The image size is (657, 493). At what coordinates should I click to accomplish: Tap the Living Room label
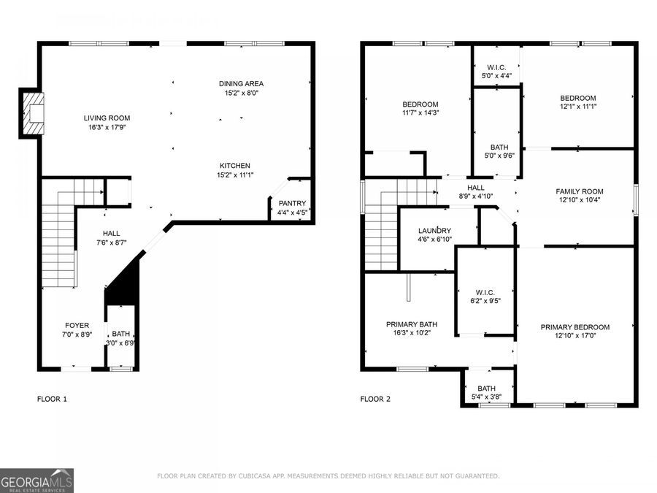(x=107, y=118)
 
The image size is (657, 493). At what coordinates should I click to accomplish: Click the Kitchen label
(x=234, y=166)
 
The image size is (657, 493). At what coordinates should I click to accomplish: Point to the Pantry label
(x=292, y=203)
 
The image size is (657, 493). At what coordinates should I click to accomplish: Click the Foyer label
(x=77, y=326)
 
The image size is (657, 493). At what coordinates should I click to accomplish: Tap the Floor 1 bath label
(x=120, y=333)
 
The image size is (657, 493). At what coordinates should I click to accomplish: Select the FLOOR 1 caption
(x=52, y=400)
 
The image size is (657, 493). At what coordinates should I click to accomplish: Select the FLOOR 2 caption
(x=375, y=400)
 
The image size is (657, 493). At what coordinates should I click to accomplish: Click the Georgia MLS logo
(x=36, y=481)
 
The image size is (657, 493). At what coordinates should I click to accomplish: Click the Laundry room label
(x=434, y=231)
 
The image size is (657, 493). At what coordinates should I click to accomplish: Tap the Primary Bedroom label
(x=575, y=327)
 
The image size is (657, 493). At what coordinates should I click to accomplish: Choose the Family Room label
(x=580, y=191)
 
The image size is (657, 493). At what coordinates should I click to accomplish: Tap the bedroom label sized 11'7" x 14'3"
(x=420, y=104)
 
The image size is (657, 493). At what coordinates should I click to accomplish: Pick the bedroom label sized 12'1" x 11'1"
(x=577, y=99)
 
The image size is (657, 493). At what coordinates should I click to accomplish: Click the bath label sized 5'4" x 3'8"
(x=486, y=389)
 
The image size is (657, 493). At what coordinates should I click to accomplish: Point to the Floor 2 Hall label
(x=476, y=188)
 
